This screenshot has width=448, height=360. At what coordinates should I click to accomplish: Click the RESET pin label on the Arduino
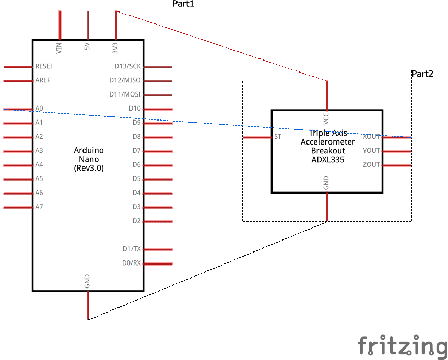pos(44,67)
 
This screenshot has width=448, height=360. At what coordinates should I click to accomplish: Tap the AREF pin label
pos(42,81)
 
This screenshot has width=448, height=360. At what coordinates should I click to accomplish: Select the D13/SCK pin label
pos(128,67)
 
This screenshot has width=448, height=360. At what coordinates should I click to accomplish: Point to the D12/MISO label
pos(125,81)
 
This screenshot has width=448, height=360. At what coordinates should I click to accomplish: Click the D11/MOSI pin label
pos(125,95)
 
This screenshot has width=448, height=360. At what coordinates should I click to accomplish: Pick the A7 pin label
pos(39,207)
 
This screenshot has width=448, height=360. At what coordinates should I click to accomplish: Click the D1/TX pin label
pos(132,249)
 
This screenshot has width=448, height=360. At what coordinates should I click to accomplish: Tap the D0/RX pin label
pos(132,263)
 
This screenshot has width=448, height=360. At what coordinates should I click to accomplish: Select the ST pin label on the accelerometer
pos(278,137)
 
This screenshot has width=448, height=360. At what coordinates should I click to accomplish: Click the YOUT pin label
pos(371,151)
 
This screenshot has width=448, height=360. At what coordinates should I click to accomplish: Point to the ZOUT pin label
pos(371,165)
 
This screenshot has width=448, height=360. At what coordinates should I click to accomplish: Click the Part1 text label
pos(183,4)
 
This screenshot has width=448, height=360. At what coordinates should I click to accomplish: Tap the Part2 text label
pos(422,74)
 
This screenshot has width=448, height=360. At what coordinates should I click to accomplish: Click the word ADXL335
pos(327,160)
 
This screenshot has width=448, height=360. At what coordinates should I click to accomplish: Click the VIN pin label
pos(59,48)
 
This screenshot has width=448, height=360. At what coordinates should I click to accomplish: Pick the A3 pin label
pos(39,151)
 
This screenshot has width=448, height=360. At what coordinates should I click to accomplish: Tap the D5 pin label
pos(136,179)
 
